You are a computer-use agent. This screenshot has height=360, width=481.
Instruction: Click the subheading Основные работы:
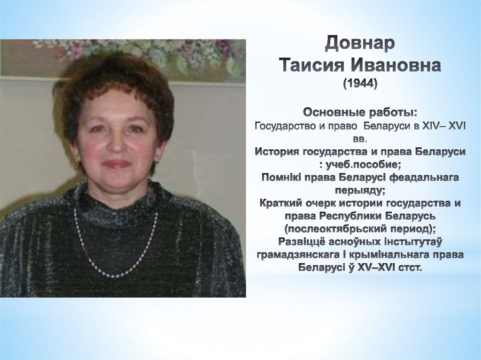point(360,113)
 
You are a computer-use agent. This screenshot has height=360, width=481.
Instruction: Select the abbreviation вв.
point(360,139)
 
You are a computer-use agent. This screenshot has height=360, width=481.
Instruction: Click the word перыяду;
point(360,191)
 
